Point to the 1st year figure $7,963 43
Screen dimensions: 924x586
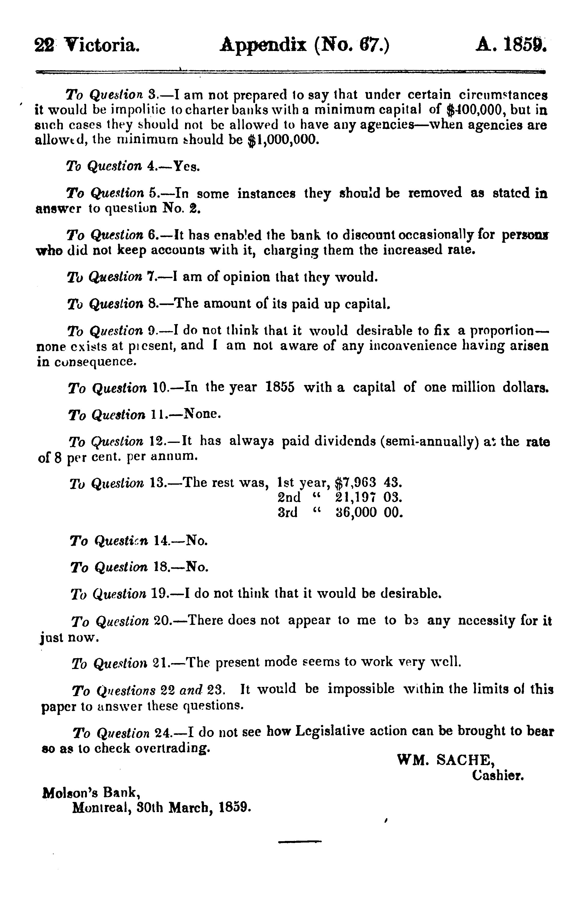(x=368, y=482)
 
